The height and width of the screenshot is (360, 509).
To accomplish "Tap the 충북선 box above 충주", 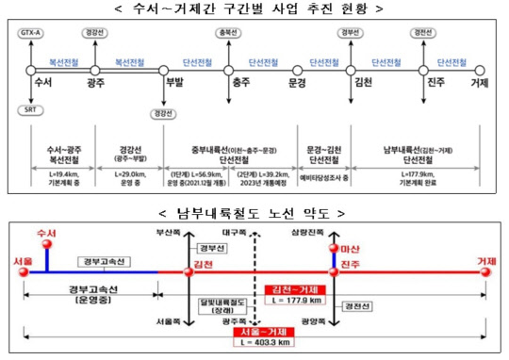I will [227, 33].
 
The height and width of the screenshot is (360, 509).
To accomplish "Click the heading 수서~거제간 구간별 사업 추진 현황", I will [254, 8].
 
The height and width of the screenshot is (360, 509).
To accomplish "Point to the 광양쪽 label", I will [329, 321].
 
